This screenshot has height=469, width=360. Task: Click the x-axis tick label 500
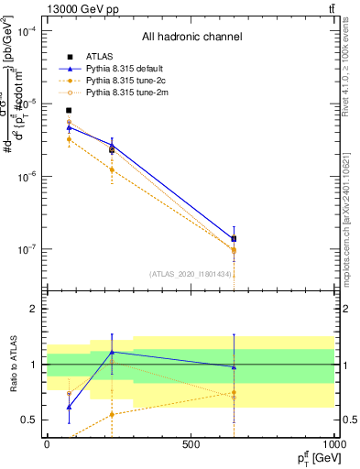click(x=191, y=443)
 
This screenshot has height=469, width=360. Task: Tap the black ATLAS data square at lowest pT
click(x=69, y=111)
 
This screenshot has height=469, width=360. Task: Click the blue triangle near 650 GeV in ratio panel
click(x=234, y=367)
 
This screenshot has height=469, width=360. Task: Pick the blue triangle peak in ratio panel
click(x=112, y=352)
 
